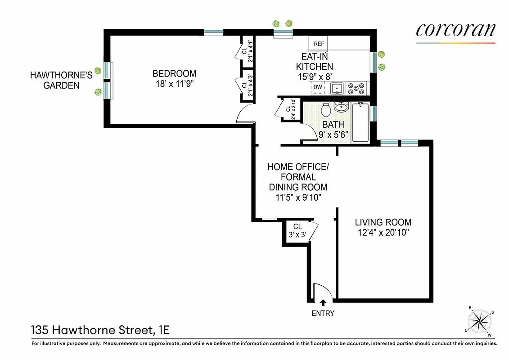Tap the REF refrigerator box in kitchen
(x=319, y=44)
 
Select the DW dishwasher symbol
(x=317, y=87)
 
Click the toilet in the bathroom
(x=326, y=109)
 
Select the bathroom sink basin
(x=341, y=107)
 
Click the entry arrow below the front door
(x=323, y=303)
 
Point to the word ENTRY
(x=323, y=313)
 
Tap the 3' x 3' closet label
(x=297, y=234)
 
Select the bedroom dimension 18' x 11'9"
(x=174, y=84)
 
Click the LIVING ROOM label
(x=383, y=222)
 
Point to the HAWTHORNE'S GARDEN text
(x=61, y=80)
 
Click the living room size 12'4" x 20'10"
(x=383, y=233)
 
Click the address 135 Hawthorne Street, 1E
(x=100, y=330)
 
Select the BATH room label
(x=333, y=124)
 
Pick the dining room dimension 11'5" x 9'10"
(x=298, y=198)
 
